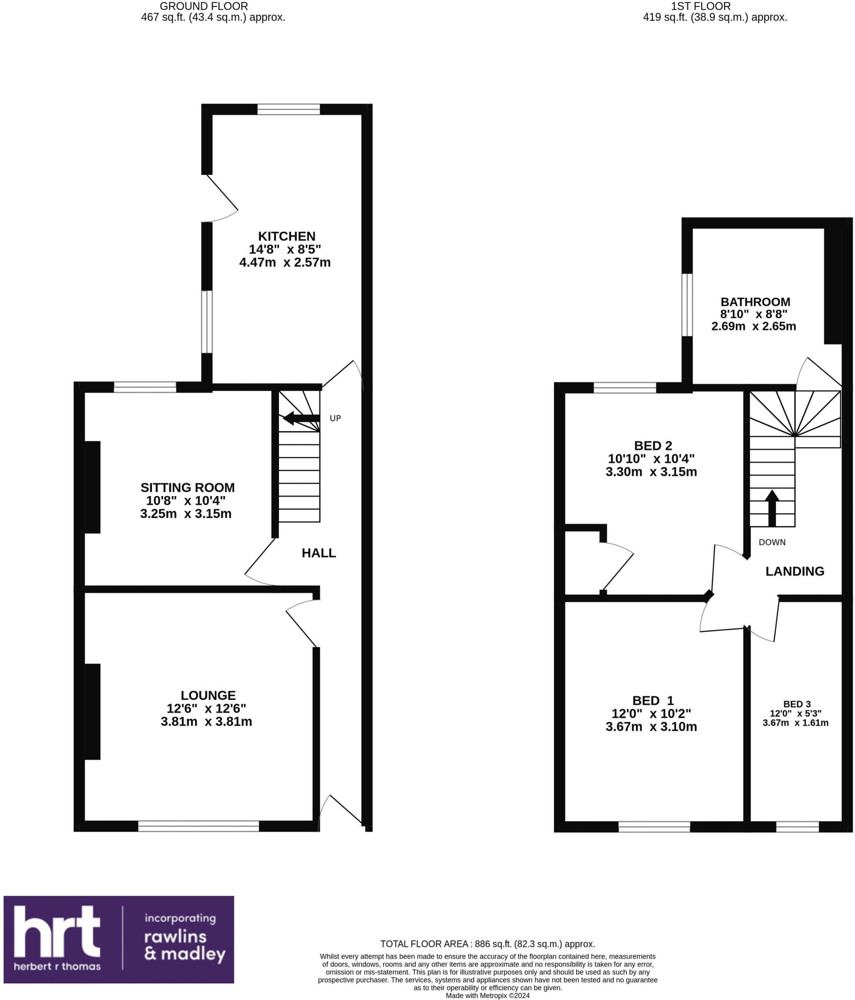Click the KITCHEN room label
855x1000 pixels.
(286, 236)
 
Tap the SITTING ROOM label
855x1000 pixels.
(188, 487)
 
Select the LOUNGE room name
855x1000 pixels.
(208, 695)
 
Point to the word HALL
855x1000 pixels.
(319, 553)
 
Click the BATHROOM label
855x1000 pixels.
(755, 302)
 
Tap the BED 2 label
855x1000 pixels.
(653, 445)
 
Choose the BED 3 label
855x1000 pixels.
(797, 704)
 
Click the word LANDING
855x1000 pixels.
(794, 571)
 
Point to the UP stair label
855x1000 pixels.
(335, 418)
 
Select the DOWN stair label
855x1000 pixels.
(772, 542)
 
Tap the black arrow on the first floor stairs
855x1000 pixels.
(771, 508)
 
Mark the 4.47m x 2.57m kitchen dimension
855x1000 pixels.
(285, 263)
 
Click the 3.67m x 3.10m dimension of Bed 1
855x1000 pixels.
(651, 727)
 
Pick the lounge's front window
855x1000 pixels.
(198, 826)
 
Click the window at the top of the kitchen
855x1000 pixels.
(288, 109)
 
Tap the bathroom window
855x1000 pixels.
(687, 305)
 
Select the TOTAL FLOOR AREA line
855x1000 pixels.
(487, 944)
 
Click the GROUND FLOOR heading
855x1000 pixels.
(204, 6)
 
